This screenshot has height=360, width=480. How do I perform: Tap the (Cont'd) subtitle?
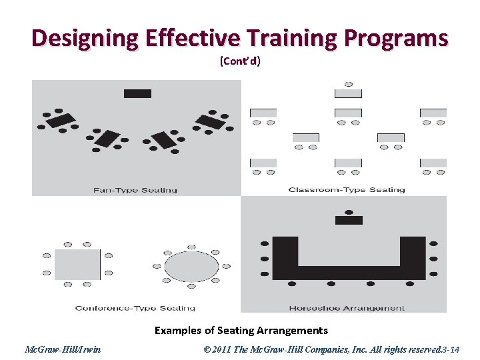pos(240,61)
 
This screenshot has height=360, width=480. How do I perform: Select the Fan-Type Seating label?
pos(135,190)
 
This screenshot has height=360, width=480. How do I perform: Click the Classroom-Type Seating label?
pos(347,190)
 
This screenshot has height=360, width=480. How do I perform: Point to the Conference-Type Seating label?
pos(135,308)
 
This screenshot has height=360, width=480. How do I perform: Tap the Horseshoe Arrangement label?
pos(347,308)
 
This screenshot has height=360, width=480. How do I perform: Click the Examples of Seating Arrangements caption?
pos(241,330)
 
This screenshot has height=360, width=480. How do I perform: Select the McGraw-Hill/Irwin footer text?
pos(63,349)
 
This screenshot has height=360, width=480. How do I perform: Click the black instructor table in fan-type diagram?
pos(138,93)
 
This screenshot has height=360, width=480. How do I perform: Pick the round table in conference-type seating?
pos(191,267)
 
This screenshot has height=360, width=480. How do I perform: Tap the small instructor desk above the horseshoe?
pos(349,220)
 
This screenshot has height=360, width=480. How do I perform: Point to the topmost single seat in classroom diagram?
pos(349,85)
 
